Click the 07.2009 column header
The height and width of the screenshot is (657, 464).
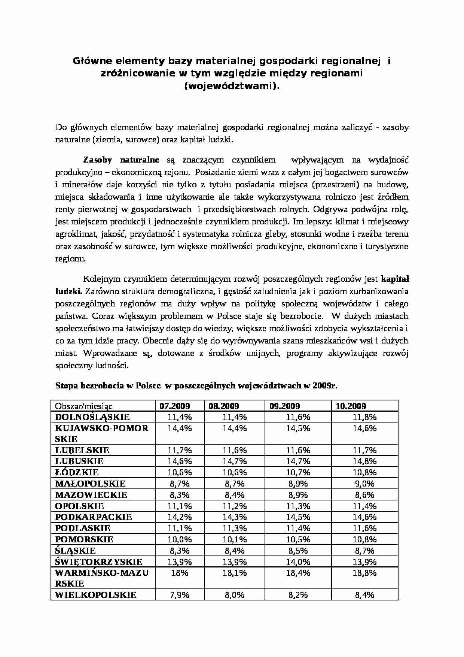click(175, 406)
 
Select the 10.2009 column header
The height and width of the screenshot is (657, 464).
click(351, 406)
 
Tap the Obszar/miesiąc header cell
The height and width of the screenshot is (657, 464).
click(84, 406)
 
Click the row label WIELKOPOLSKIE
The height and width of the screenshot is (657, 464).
click(96, 594)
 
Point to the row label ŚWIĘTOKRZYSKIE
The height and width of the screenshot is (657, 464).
click(99, 561)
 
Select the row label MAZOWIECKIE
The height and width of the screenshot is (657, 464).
click(91, 495)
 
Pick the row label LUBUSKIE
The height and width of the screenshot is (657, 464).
click(79, 461)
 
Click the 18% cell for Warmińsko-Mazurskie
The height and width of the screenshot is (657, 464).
click(180, 573)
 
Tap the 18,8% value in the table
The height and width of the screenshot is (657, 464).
click(364, 573)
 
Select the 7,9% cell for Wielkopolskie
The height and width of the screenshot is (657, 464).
click(180, 594)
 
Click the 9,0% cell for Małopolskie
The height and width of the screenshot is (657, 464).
click(364, 484)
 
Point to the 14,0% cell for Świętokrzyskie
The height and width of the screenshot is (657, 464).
click(298, 561)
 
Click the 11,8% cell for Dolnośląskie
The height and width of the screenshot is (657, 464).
click(364, 417)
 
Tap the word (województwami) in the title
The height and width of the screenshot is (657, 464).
click(232, 86)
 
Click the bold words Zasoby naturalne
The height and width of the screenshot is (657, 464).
click(121, 160)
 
